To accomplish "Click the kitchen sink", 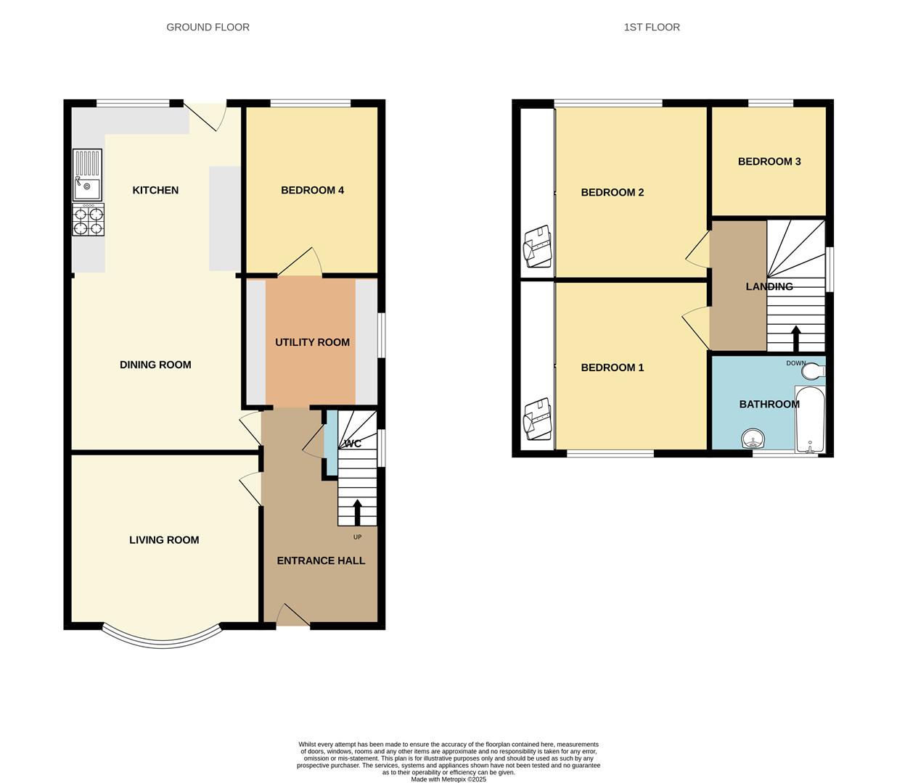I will [87, 174].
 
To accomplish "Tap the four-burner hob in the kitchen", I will [88, 220].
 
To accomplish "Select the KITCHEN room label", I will [155, 190].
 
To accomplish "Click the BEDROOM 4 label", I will [312, 190].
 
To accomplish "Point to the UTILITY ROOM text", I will [312, 342].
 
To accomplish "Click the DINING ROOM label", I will [155, 365].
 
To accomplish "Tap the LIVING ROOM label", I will [164, 539].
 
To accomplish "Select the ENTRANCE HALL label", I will [321, 560].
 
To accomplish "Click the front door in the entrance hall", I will [293, 616].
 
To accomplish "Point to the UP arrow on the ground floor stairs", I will [357, 511].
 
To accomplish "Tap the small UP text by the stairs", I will [357, 537].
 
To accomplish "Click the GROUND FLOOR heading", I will [208, 27].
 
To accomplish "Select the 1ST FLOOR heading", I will [652, 27].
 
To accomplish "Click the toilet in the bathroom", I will [813, 371].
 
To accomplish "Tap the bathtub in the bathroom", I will [810, 419].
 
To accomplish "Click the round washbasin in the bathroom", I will [753, 439].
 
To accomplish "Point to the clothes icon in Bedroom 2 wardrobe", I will [537, 245].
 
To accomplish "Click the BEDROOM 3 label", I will [769, 161].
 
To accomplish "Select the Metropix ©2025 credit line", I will [448, 779].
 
